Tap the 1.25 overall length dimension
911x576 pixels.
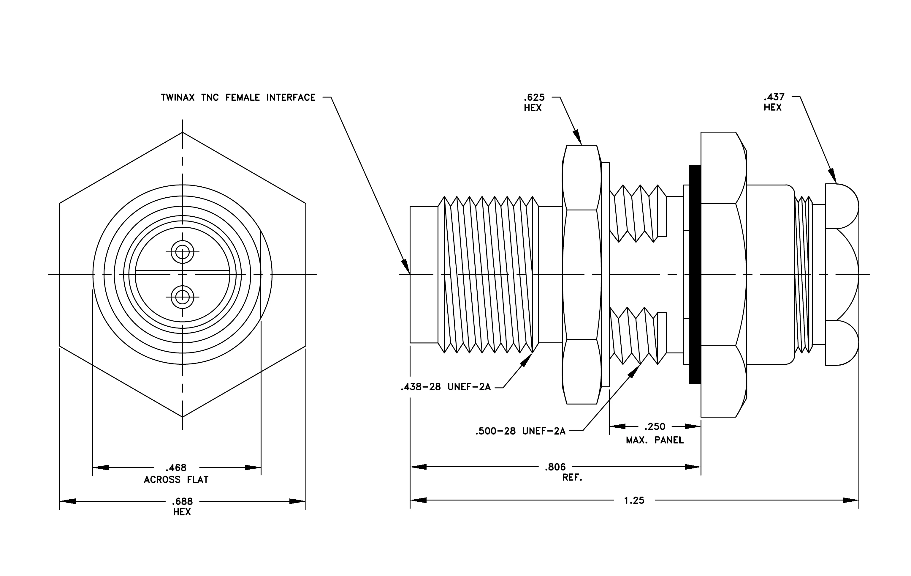tap(634, 500)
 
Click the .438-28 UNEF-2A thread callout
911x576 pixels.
tap(445, 387)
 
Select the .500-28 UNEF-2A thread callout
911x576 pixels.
tap(520, 431)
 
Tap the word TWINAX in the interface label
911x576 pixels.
tap(178, 97)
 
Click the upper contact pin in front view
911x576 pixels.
tap(182, 252)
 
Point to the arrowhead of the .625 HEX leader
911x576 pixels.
tap(577, 137)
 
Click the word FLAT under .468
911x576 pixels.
tap(197, 480)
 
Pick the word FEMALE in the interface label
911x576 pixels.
tap(243, 97)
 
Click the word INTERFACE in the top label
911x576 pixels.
tap(291, 97)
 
